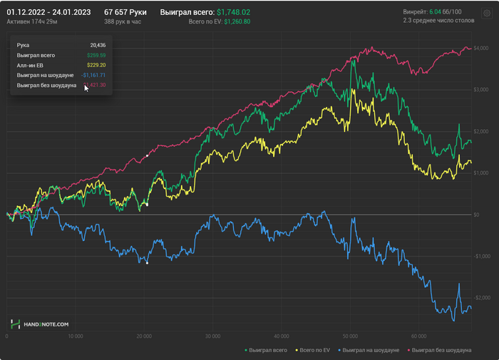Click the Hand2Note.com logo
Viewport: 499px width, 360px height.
click(40, 324)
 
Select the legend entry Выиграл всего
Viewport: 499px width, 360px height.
click(267, 350)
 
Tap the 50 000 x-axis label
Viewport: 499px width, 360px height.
click(349, 336)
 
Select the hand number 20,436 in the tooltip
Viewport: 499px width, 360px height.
click(98, 45)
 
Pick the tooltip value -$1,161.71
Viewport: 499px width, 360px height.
click(93, 75)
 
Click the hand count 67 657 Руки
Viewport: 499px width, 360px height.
click(125, 13)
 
